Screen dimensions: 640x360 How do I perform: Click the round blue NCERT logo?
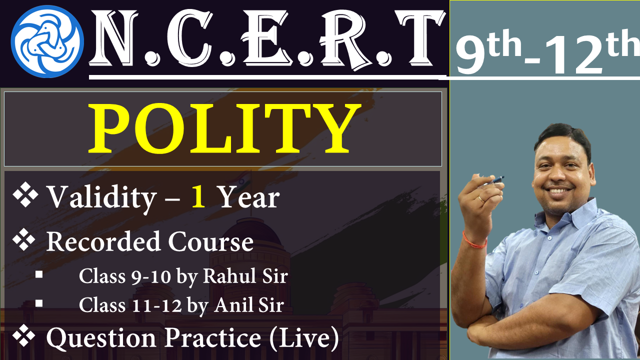[x=47, y=41]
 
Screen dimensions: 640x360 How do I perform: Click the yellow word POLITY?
[x=224, y=128]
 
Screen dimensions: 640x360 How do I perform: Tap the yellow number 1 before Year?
[x=198, y=196]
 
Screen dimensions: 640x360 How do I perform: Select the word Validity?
[x=101, y=197]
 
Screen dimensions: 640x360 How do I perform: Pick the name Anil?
[x=234, y=305]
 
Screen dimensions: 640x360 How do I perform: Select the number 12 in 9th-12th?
[x=574, y=55]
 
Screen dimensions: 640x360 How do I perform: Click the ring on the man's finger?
[x=481, y=199]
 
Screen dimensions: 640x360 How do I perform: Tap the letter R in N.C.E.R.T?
[x=342, y=38]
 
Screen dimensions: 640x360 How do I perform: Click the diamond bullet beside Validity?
[x=25, y=194]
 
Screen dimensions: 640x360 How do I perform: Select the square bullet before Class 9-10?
[x=39, y=274]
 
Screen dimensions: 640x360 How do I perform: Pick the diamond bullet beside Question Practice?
[x=24, y=335]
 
